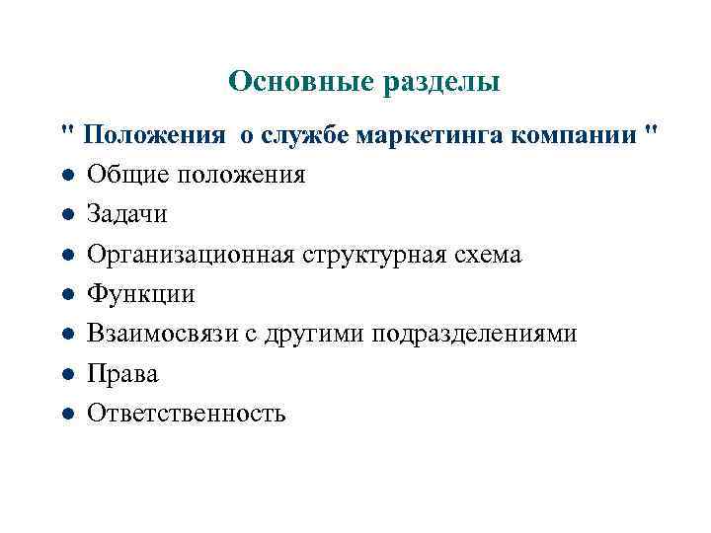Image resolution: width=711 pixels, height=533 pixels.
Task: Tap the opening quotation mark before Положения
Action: (x=66, y=130)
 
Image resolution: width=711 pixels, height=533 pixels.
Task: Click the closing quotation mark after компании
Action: (x=647, y=130)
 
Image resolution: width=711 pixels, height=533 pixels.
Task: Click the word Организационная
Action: (x=189, y=255)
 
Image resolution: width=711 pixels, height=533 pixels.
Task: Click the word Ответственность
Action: (x=186, y=414)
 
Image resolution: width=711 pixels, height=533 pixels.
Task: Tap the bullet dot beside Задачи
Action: (x=65, y=215)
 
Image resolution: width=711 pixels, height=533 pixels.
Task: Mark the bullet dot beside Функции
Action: (x=65, y=295)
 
